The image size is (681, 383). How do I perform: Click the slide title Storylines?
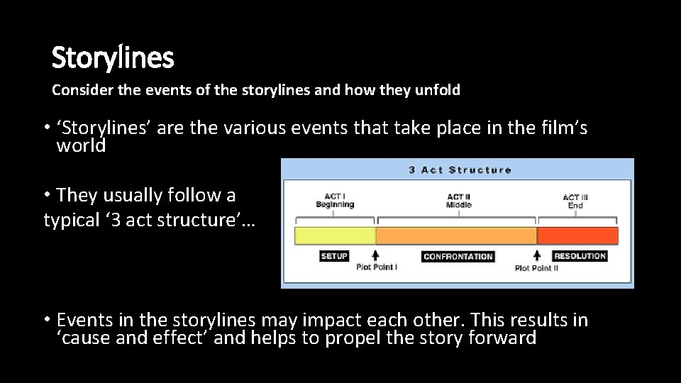113,58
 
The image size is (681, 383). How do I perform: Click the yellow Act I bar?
334,236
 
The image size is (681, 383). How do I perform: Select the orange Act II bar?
456,236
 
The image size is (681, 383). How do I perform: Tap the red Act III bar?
577,236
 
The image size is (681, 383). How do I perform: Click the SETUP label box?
334,256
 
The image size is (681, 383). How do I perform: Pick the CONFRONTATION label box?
458,257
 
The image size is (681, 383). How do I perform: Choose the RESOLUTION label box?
580,256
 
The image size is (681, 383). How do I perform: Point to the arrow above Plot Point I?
375,255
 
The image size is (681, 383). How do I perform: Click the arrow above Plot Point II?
537,255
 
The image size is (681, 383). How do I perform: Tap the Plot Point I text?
376,267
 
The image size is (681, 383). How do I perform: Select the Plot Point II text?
537,268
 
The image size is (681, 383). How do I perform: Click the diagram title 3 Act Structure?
460,170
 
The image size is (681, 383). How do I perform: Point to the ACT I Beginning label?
335,201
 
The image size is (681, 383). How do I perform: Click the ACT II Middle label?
459,201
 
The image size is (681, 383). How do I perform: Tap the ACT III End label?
575,201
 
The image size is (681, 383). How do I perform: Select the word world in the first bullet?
81,146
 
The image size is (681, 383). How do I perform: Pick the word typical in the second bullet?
69,220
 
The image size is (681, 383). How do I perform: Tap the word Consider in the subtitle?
76,90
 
